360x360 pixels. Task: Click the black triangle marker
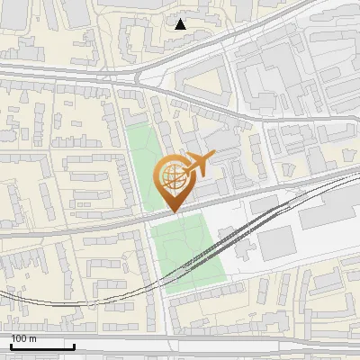point(181,24)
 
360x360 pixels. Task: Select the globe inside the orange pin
point(172,175)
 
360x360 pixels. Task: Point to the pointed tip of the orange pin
point(173,211)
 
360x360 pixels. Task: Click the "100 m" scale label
point(23,338)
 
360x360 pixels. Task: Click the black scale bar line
point(42,346)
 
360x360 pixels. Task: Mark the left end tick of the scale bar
point(11,345)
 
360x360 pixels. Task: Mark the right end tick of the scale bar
point(74,345)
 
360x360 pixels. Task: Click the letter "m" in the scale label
point(32,338)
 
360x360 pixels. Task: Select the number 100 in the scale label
point(19,338)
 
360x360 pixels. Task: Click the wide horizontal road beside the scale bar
point(180,346)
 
